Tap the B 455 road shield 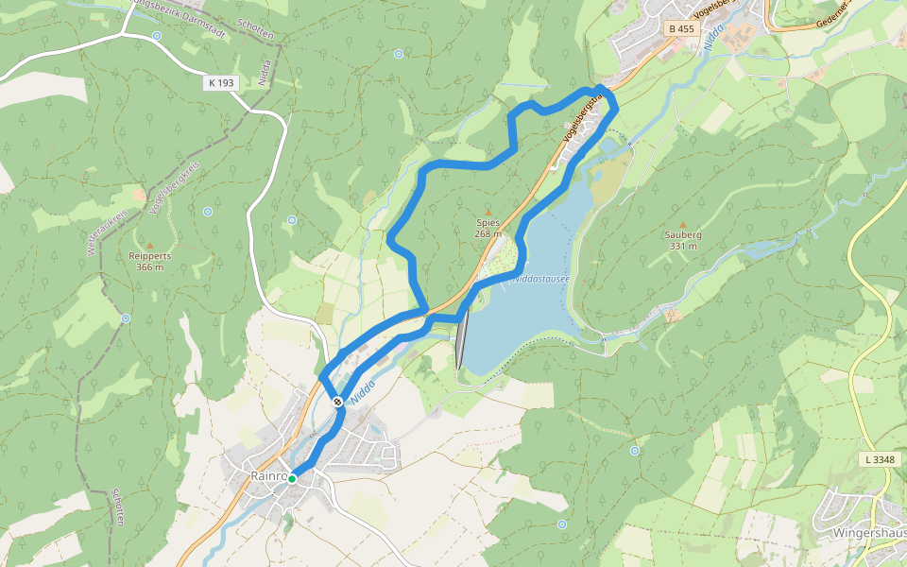[680, 29]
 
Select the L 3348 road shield [878, 459]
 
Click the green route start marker [292, 479]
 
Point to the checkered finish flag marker [337, 402]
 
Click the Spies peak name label [488, 223]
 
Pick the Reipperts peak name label [149, 255]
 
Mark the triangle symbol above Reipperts [149, 245]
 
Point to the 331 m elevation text [682, 246]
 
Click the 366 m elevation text [149, 266]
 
